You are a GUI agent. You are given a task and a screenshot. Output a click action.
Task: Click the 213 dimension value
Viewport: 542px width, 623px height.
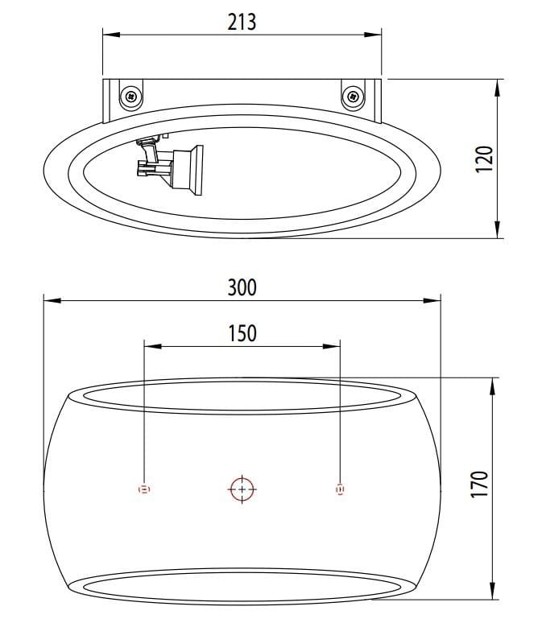pos(242,21)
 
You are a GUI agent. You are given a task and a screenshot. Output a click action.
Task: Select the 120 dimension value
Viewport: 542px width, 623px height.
pos(482,159)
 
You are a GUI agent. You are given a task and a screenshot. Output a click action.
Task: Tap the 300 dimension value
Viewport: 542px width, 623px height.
pos(242,287)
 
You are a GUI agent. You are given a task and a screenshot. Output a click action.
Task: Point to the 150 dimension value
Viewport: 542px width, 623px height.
pos(242,332)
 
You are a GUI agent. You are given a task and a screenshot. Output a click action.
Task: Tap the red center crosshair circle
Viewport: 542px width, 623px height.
pos(242,489)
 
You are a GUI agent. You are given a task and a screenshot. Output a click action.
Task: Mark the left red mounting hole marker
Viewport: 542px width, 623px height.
pos(144,489)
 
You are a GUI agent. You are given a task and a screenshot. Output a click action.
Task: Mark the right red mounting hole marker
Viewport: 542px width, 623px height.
pos(340,489)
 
